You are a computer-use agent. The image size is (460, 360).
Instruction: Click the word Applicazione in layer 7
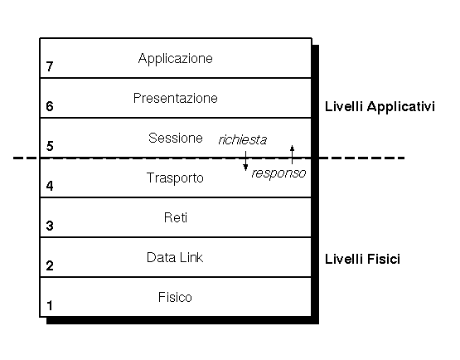click(175, 59)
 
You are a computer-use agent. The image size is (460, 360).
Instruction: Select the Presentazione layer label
click(175, 98)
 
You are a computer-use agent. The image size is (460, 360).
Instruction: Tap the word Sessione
click(176, 138)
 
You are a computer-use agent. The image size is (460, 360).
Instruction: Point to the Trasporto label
click(175, 178)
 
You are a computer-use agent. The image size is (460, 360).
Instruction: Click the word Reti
click(176, 217)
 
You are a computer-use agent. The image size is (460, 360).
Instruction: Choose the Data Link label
click(175, 257)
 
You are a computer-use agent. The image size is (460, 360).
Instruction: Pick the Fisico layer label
click(175, 297)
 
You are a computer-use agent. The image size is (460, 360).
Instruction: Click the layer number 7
click(50, 66)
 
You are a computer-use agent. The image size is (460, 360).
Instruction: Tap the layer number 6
click(50, 106)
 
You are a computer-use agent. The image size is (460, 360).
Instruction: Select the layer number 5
click(50, 146)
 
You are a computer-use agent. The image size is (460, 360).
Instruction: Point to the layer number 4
click(50, 186)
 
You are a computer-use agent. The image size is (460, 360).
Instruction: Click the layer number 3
click(50, 226)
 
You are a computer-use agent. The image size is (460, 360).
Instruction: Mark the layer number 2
click(50, 265)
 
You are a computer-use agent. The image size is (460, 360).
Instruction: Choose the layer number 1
click(50, 305)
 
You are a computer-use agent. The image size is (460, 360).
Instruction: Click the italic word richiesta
click(243, 140)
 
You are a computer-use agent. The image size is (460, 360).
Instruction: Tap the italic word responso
click(278, 173)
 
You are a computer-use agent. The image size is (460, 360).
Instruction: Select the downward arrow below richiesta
click(245, 161)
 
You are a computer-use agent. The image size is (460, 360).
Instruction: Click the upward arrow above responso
click(292, 154)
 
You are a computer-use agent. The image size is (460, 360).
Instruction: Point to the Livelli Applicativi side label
click(380, 107)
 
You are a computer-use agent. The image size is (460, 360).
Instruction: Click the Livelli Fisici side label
click(362, 259)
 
